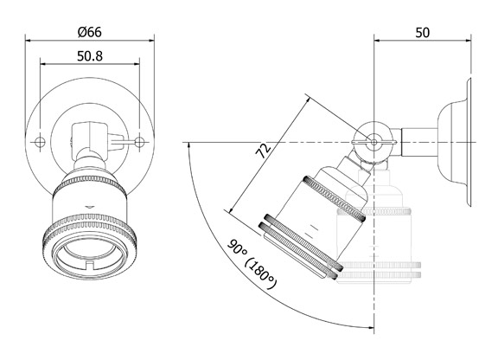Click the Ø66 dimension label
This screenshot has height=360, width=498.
pos(90,32)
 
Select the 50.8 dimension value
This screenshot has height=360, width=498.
pos(90,56)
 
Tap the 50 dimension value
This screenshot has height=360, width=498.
pos(422,32)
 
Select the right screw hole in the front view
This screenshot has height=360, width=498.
pos(139,141)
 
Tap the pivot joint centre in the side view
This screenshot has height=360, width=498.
pos(373,141)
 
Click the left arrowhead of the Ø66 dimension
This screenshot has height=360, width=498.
pos(29,39)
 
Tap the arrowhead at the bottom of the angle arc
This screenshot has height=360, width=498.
pos(367,328)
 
